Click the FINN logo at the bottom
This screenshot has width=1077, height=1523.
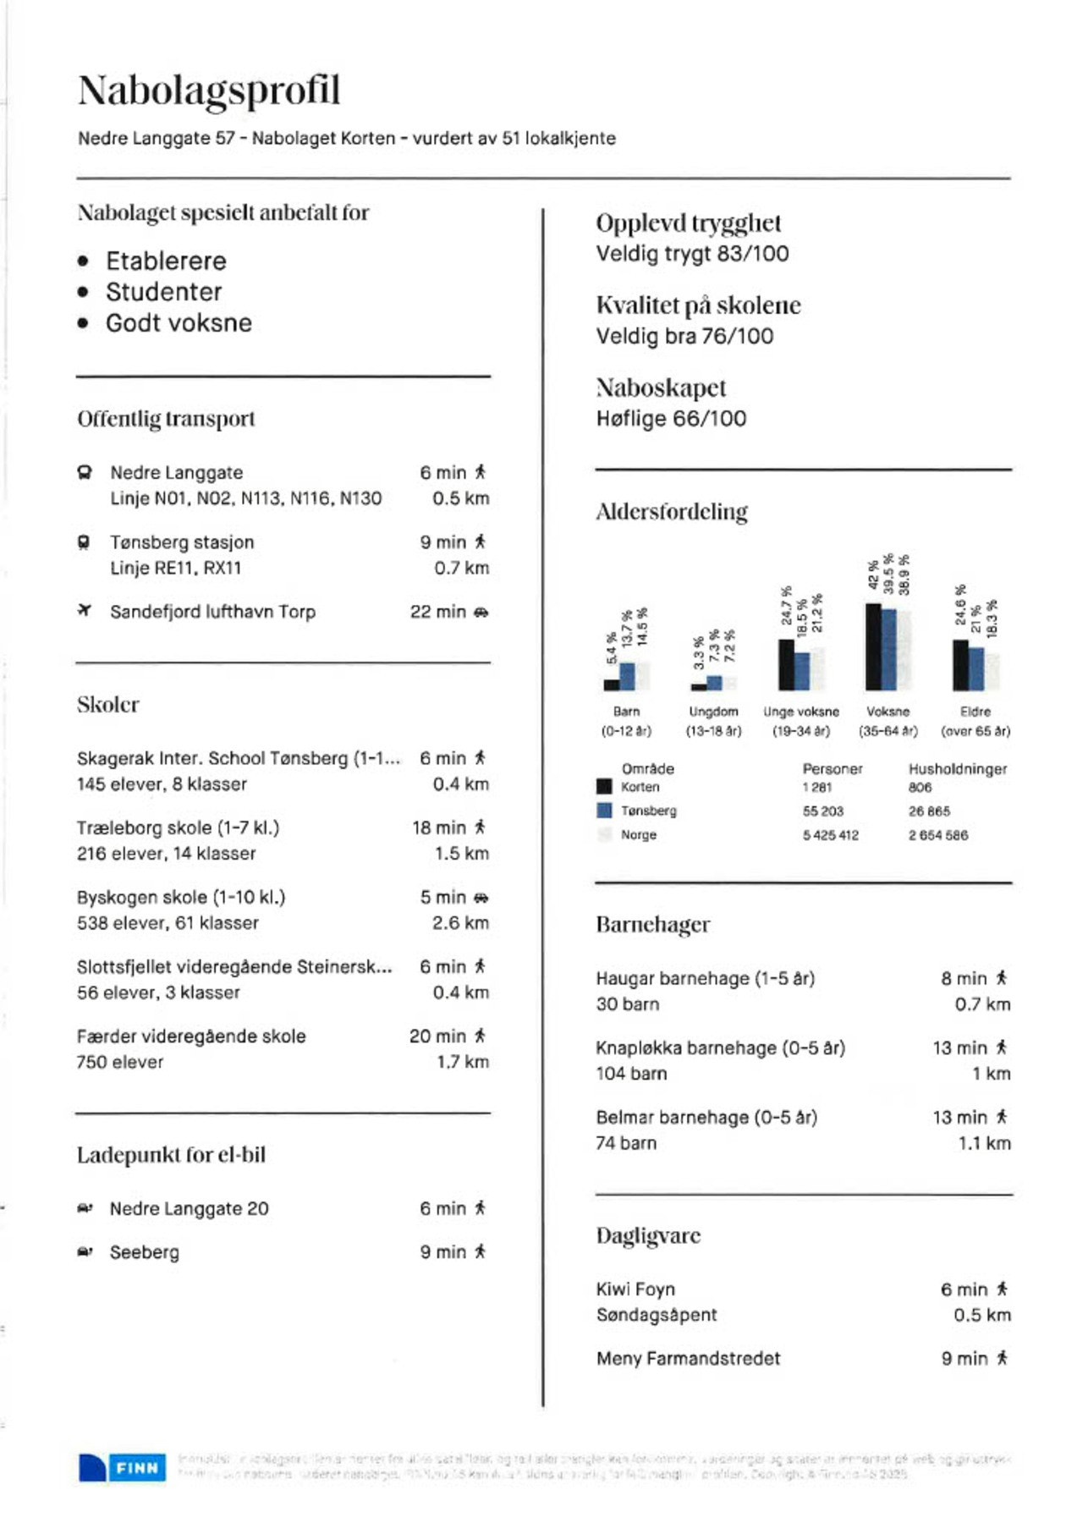123,1467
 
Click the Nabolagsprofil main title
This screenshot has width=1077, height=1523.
209,90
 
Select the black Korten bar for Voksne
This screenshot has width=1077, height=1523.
873,646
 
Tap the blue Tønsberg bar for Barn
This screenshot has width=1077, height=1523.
627,676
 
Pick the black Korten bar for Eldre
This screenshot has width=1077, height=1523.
960,665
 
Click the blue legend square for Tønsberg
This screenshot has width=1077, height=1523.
604,811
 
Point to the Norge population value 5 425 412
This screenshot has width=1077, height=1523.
830,835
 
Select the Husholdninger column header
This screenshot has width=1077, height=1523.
957,769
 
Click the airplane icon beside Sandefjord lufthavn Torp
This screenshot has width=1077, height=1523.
84,610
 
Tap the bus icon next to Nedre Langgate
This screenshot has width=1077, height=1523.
84,472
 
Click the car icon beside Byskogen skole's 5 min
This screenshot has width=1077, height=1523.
481,897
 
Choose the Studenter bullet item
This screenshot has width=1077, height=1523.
164,292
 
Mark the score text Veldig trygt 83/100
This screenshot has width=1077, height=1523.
692,254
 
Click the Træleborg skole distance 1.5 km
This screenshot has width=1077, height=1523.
461,853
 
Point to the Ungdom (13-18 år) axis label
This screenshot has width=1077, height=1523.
713,721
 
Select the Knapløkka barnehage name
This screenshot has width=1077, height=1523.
720,1047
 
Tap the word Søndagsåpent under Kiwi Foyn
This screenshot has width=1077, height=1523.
656,1315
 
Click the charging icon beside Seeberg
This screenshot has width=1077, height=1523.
85,1252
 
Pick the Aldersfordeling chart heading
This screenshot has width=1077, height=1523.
672,511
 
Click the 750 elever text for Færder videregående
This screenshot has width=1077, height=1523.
119,1062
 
